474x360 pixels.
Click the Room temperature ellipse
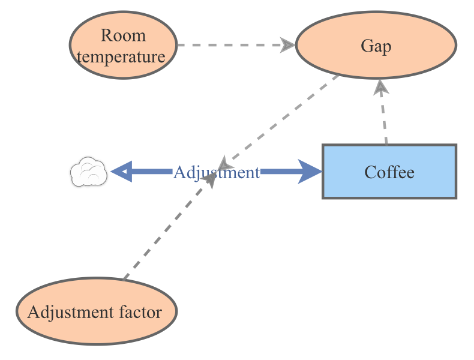click(123, 45)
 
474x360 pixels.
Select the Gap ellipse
click(376, 46)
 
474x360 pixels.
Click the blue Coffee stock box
click(389, 172)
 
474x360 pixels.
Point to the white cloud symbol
click(89, 172)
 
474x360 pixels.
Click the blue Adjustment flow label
click(216, 173)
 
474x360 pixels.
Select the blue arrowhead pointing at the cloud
click(120, 172)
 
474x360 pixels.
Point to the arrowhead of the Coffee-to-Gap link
click(380, 88)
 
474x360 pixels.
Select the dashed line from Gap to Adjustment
click(282, 117)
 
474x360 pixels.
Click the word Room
click(123, 35)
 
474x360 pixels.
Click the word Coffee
click(389, 172)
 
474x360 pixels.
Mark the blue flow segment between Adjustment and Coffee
click(282, 172)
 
